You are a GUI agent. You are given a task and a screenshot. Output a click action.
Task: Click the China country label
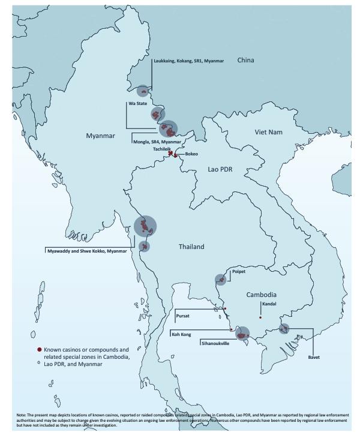pos(245,61)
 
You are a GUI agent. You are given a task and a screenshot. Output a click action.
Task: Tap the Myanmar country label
pos(100,136)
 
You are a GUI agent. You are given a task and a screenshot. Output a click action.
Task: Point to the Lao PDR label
pos(220,170)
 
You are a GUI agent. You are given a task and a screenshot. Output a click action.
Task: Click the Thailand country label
pos(191,247)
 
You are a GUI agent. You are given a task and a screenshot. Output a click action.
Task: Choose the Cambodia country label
pos(262,295)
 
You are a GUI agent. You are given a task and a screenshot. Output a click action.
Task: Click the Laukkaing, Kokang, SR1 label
pos(188,61)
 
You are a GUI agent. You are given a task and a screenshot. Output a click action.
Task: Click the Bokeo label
pos(191,154)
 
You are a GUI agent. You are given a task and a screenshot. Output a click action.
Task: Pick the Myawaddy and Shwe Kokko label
pos(87,251)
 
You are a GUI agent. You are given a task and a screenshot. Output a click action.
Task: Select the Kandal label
pos(260,304)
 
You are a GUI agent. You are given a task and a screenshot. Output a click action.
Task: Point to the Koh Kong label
pos(182,334)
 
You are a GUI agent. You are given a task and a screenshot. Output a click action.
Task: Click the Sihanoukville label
pos(215,343)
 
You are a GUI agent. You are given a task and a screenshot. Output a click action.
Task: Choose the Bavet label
pos(313,358)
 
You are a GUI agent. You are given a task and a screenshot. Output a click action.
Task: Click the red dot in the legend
pos(39,349)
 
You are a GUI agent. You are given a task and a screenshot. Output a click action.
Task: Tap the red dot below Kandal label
pos(260,317)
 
